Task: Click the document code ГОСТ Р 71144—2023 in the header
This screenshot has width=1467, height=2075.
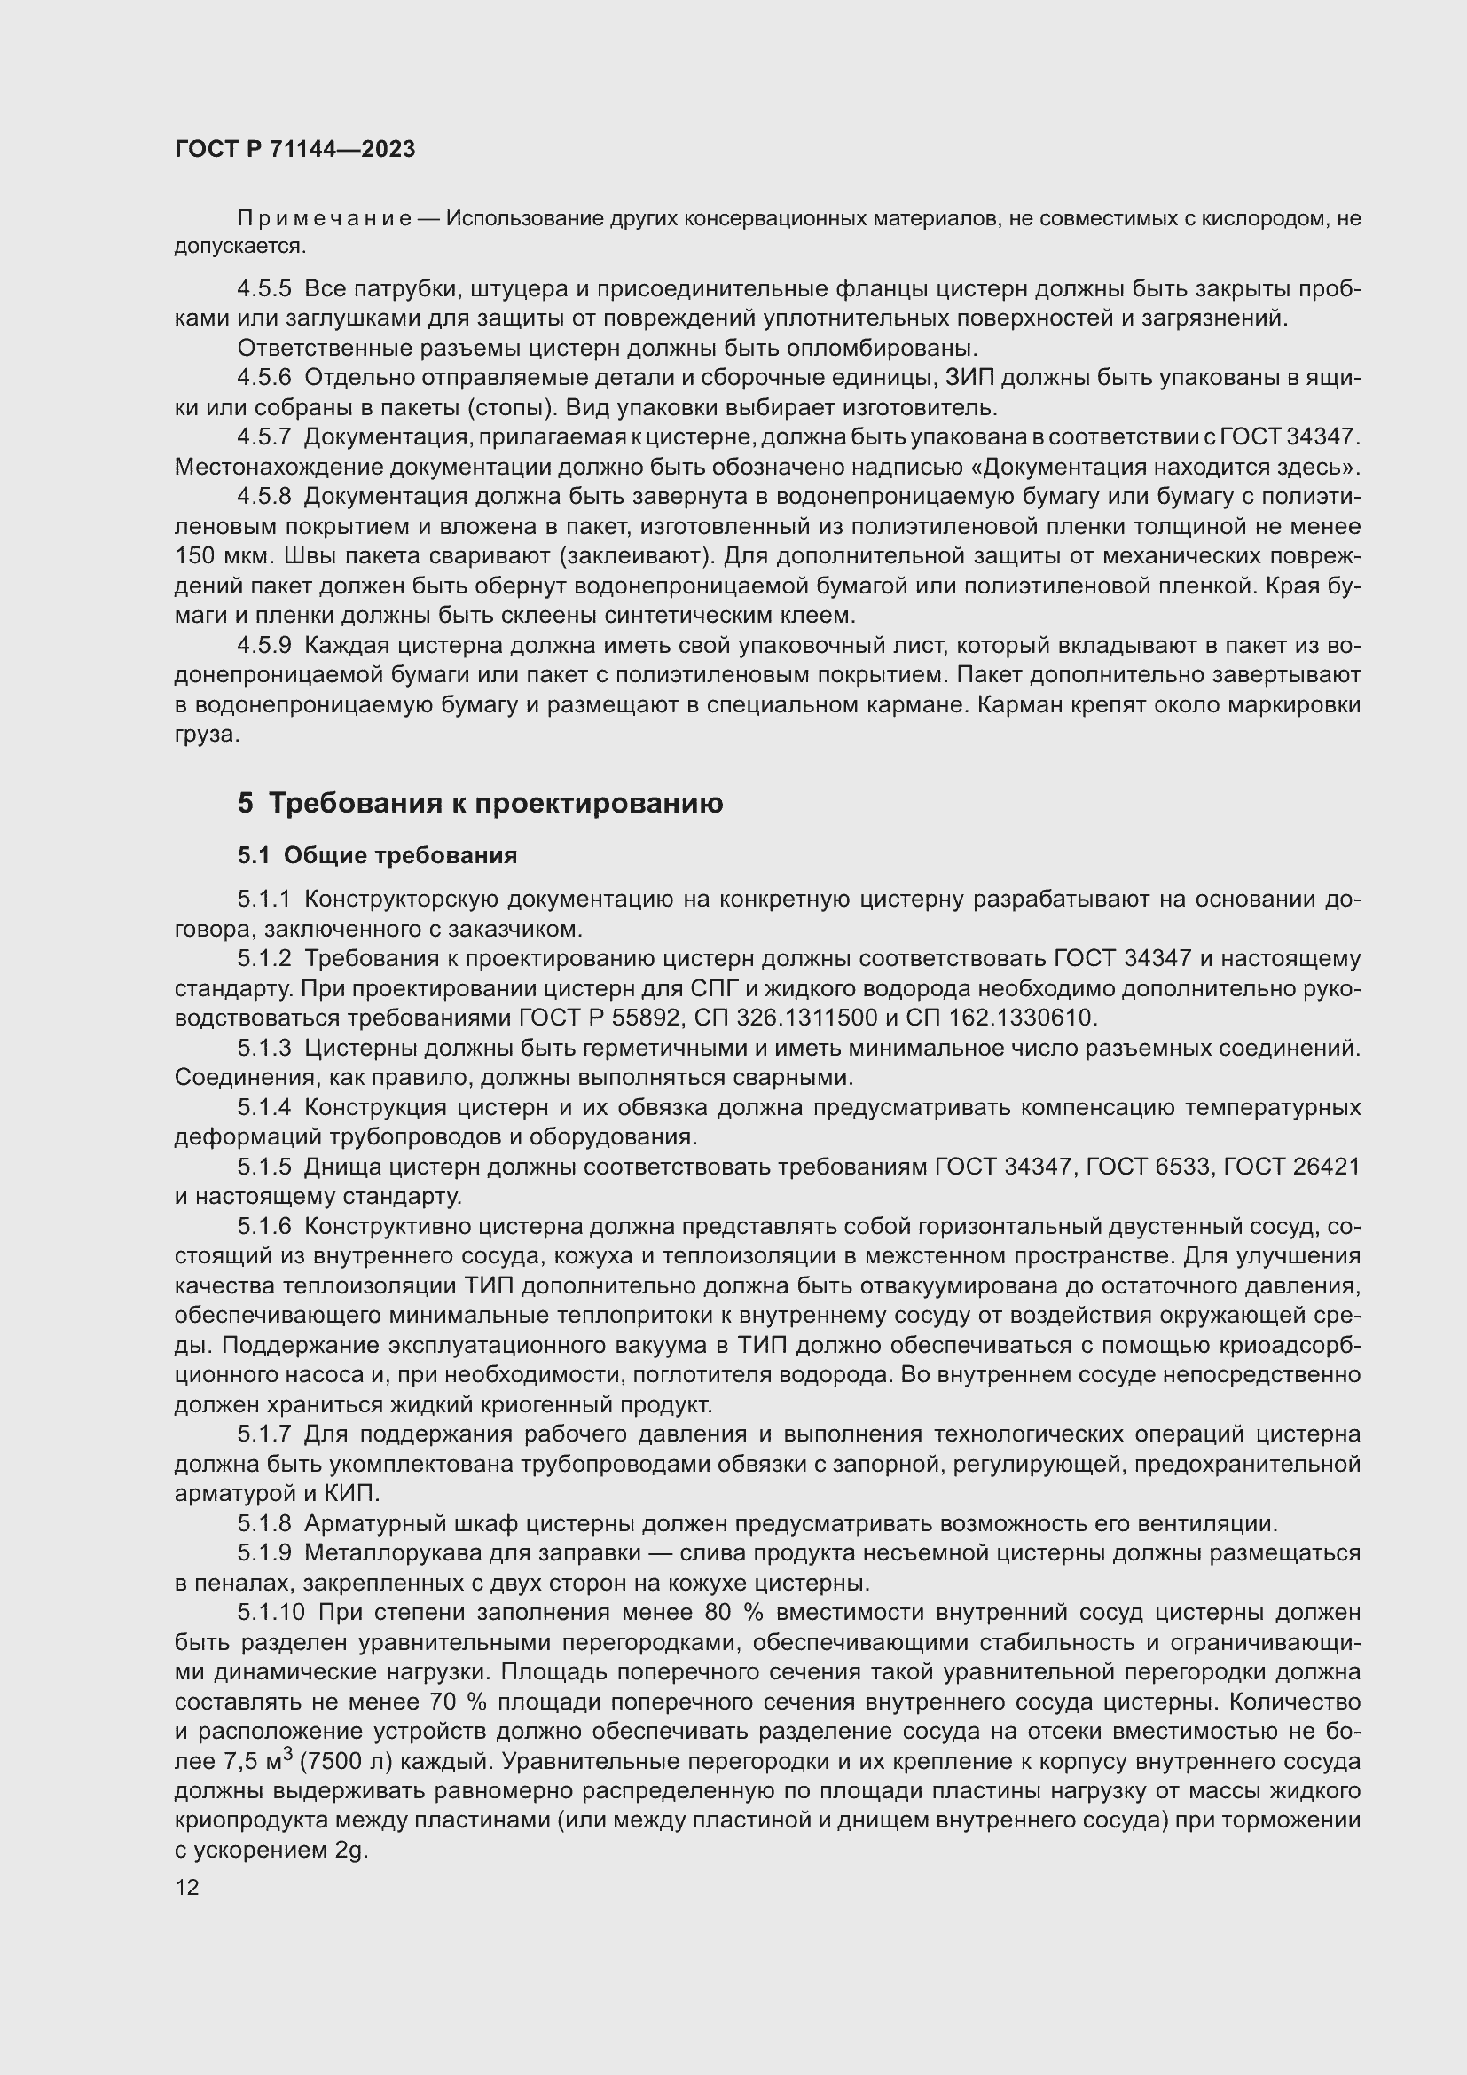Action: [x=294, y=149]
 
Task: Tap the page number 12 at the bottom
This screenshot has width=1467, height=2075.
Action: [x=187, y=1887]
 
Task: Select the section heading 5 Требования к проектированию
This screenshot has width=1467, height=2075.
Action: [x=480, y=804]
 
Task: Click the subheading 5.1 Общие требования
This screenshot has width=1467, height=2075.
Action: [x=377, y=855]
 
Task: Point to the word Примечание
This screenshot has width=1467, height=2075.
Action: [x=325, y=219]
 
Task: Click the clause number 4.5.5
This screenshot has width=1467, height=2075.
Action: [x=263, y=289]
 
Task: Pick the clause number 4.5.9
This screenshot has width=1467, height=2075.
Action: [x=263, y=645]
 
